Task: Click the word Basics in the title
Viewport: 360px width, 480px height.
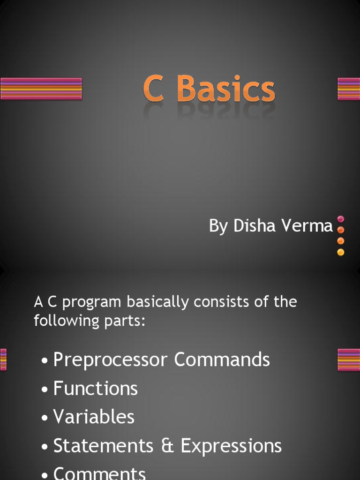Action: tap(227, 89)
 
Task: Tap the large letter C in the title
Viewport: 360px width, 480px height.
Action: tap(154, 89)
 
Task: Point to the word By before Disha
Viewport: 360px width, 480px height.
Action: tap(218, 226)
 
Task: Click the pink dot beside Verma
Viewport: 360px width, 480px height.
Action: tap(341, 219)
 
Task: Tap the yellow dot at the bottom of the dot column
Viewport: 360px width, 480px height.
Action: tap(341, 252)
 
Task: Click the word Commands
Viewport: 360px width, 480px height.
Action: tap(222, 360)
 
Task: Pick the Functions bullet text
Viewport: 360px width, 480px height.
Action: tap(96, 389)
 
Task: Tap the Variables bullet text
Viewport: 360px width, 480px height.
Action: tap(94, 417)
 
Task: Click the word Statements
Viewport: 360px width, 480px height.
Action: tap(103, 445)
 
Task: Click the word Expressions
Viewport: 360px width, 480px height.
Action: tap(231, 446)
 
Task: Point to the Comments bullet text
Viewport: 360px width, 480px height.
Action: tap(99, 472)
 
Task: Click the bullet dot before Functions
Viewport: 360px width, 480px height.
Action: tap(45, 390)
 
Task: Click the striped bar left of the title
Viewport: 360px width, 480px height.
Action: tap(41, 89)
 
